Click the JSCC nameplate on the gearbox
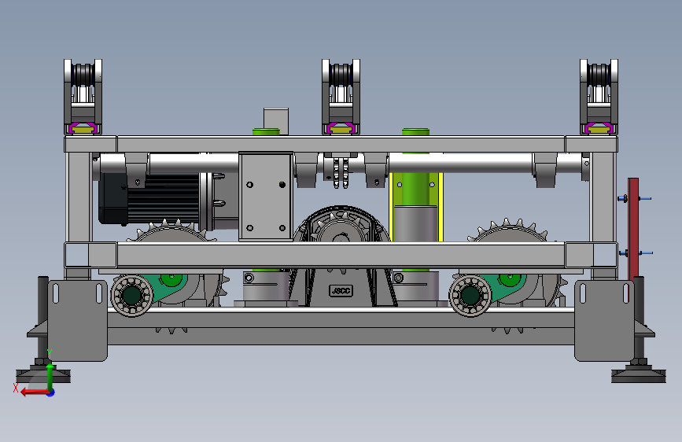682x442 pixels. coord(341,291)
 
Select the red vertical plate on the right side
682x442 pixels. coord(633,229)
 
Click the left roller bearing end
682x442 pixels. coord(132,296)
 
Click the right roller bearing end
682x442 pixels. coord(470,296)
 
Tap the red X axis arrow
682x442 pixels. coord(35,392)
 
